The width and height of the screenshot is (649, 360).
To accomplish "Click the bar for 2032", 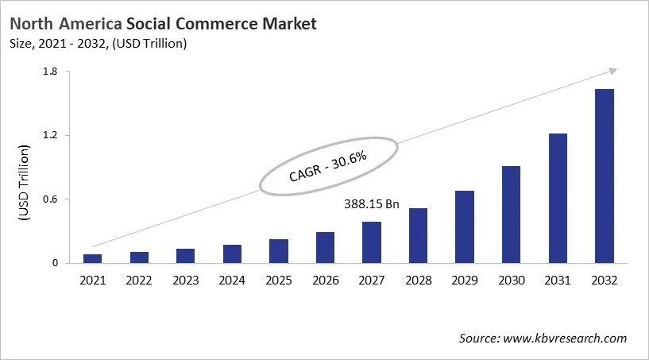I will [605, 176].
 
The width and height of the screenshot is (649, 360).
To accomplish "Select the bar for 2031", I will [558, 198].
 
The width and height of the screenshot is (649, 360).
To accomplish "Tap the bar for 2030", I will [512, 214].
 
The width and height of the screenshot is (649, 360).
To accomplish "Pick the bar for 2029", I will [465, 226].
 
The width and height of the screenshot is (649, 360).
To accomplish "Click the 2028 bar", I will [418, 235].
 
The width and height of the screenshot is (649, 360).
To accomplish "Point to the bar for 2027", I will [372, 242].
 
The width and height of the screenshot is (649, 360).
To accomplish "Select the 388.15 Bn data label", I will [372, 204].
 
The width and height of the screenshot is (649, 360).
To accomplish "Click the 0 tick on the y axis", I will [56, 263].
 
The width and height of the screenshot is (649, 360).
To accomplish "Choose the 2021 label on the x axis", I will [92, 280].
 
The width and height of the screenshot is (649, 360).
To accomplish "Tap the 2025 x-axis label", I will [279, 280].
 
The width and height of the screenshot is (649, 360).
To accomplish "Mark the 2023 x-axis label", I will [185, 280].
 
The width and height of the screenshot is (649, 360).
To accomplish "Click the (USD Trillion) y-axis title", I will [24, 184].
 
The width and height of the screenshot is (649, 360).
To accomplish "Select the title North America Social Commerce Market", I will [162, 24].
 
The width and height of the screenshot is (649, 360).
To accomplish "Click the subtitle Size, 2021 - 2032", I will [97, 44].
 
